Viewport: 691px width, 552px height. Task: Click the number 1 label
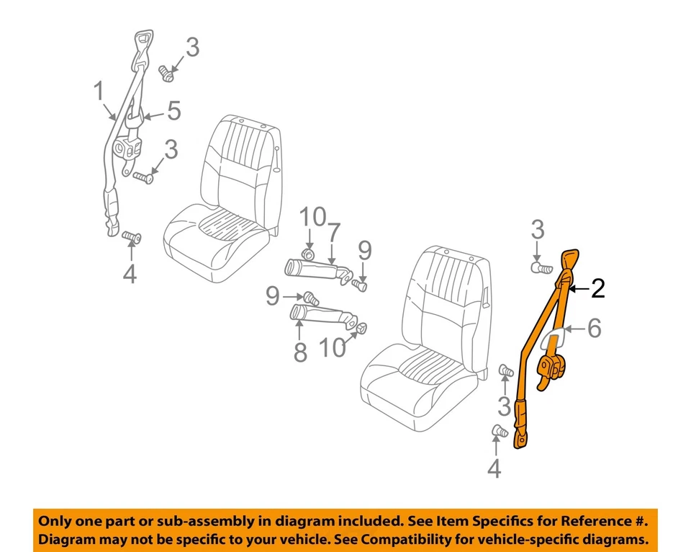pyautogui.click(x=99, y=92)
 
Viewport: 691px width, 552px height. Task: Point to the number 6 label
pyautogui.click(x=594, y=329)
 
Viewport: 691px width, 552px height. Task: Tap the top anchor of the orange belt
pyautogui.click(x=570, y=260)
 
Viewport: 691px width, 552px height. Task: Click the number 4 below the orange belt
pyautogui.click(x=493, y=469)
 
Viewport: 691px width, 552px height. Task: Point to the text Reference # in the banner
pyautogui.click(x=602, y=521)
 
